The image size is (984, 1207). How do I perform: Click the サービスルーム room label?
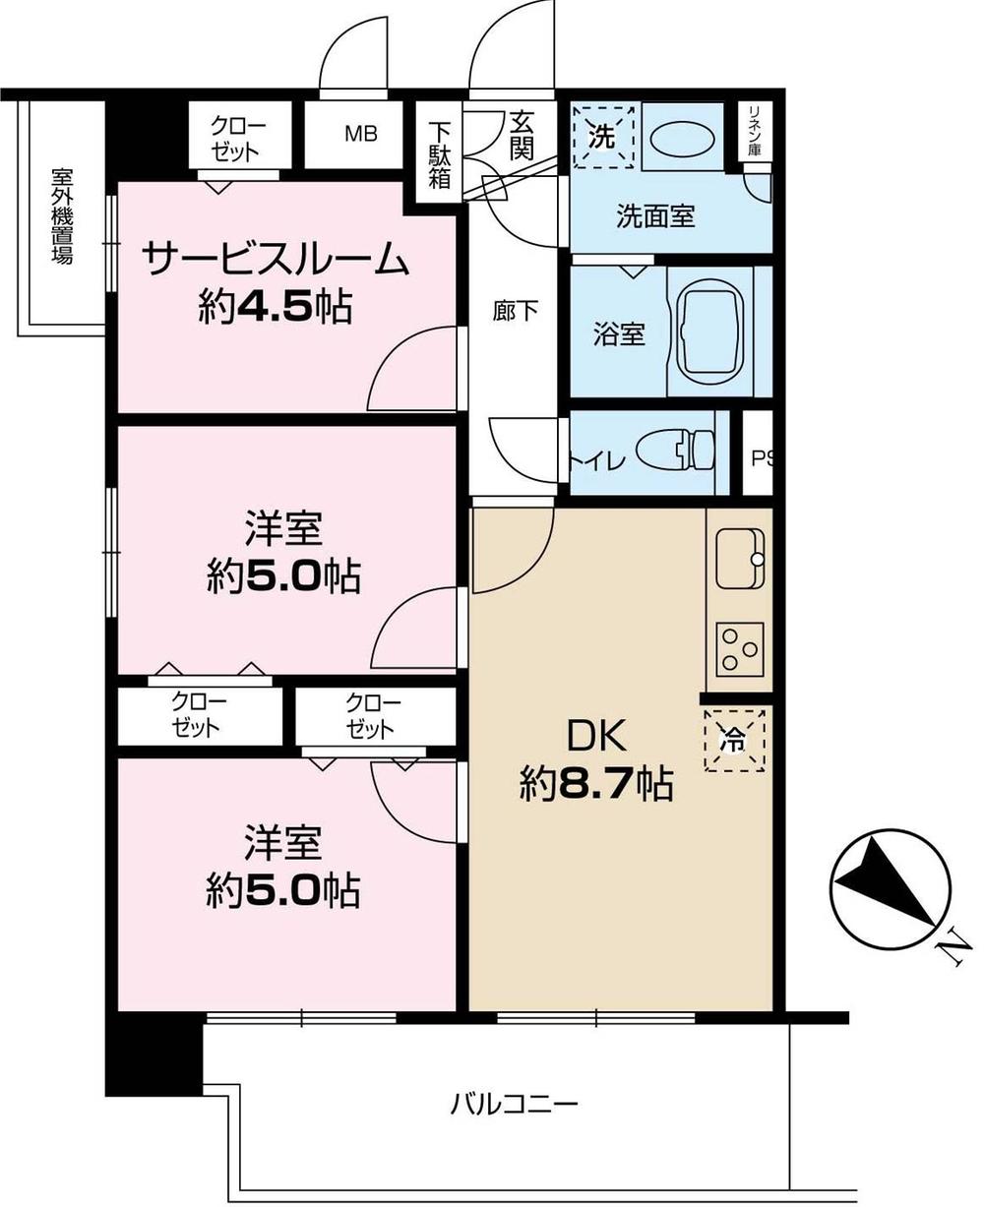pos(275,261)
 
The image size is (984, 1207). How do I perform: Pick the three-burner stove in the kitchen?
pos(739,648)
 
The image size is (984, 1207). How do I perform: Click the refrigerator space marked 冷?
pos(734,741)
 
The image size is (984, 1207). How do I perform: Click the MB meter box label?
pos(359,135)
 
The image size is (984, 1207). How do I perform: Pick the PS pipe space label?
pos(760,457)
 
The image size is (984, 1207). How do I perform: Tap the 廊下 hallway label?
pos(515,311)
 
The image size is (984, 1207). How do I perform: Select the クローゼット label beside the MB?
pos(237,139)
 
